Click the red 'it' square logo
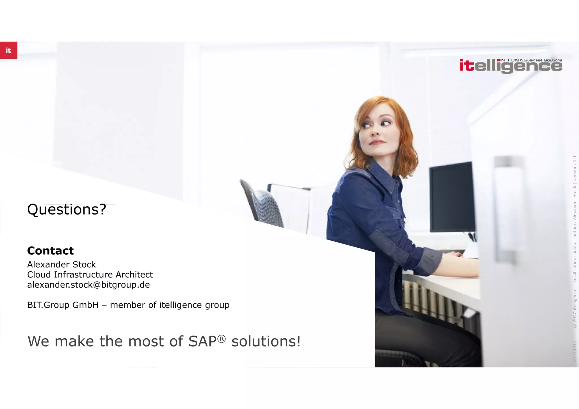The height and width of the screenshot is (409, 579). click(x=8, y=50)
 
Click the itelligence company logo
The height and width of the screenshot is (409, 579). click(x=511, y=66)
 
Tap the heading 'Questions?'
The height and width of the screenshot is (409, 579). click(x=66, y=209)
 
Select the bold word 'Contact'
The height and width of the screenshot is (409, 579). click(x=50, y=251)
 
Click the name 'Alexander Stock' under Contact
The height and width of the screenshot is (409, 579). click(x=61, y=265)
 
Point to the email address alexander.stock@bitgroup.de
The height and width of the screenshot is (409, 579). click(x=88, y=285)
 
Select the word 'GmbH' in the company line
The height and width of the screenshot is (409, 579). click(x=85, y=305)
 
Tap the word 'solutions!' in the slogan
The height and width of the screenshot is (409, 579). click(x=266, y=341)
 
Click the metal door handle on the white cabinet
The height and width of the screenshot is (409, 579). click(x=506, y=209)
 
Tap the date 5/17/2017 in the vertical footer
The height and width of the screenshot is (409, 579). click(x=574, y=352)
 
